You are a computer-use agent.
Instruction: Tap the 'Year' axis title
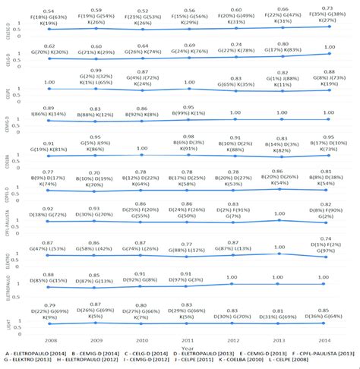coord(188,346)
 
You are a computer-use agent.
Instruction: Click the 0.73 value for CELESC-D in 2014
coord(327,8)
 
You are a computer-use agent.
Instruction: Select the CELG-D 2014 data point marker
coord(327,54)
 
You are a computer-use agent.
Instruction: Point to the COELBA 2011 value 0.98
coord(188,136)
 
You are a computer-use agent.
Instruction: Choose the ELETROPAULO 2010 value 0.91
coord(141,274)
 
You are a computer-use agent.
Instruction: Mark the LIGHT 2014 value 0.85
coord(327,310)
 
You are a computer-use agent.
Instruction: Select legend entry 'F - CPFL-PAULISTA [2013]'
coord(317,354)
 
